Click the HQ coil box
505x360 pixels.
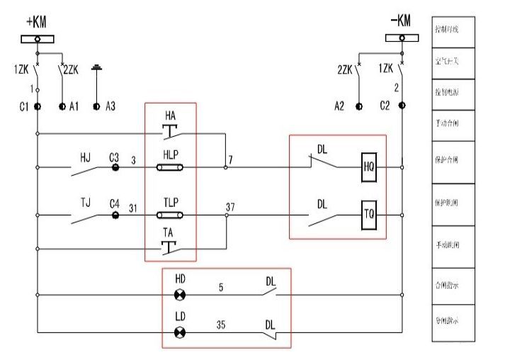click(368, 167)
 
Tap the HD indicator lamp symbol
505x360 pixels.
click(179, 294)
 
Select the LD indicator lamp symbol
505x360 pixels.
click(179, 332)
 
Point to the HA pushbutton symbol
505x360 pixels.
click(171, 130)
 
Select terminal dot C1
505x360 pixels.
click(38, 106)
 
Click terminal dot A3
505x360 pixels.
click(97, 106)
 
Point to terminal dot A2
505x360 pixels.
click(359, 106)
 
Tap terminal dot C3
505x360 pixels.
click(114, 168)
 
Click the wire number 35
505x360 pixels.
click(221, 325)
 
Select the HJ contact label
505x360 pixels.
click(85, 156)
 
